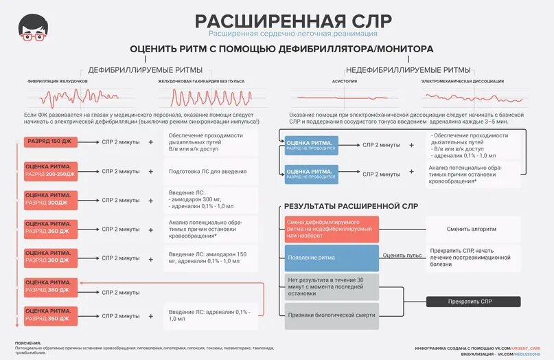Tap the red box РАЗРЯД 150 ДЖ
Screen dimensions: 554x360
point(49,142)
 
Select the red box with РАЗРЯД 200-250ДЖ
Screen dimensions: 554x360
point(49,171)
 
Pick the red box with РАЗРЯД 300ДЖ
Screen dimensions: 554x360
point(49,200)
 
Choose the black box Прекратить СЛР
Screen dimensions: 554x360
point(472,302)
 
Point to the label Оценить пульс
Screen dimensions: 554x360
point(402,255)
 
